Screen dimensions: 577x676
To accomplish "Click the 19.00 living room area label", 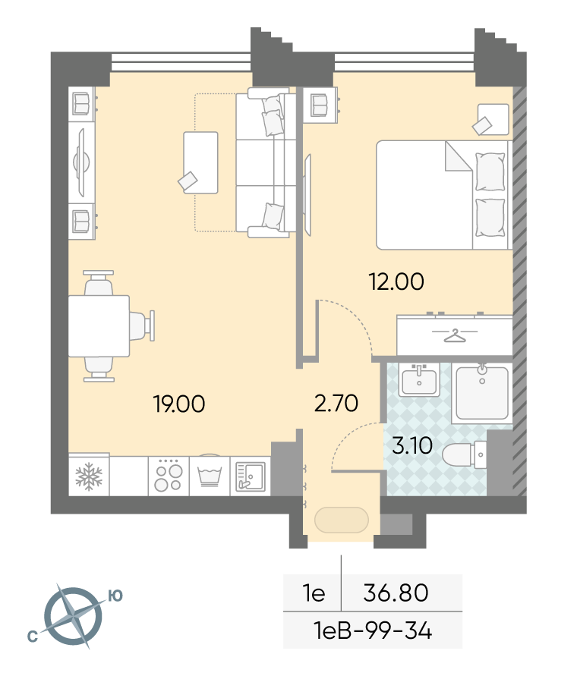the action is pos(179,404).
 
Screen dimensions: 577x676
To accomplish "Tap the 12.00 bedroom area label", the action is pos(396,281).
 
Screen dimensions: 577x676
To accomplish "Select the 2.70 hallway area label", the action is pos(336,403).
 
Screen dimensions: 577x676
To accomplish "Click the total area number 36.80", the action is pos(396,593).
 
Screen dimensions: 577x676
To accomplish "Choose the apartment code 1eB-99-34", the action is pos(374,631).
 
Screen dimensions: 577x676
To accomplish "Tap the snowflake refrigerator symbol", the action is pos(89,476).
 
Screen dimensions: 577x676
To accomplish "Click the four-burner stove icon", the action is pos(169,476).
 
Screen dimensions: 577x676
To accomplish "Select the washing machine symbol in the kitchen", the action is pos(210,476).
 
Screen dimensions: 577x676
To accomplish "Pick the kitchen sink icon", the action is pos(251,476).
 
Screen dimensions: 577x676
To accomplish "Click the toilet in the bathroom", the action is pos(465,454).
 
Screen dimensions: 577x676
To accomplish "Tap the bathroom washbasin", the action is pos(419,380).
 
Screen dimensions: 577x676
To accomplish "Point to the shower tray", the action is pos(482,393).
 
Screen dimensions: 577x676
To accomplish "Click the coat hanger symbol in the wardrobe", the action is pos(455,335).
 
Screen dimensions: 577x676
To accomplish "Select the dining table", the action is pos(99,326).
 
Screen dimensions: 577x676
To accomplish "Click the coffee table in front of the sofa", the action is pos(200,162).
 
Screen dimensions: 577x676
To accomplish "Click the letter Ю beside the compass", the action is pos(115,596).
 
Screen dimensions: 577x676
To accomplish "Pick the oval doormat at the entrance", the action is pos(342,520).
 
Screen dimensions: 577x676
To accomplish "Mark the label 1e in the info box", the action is pos(314,593).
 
